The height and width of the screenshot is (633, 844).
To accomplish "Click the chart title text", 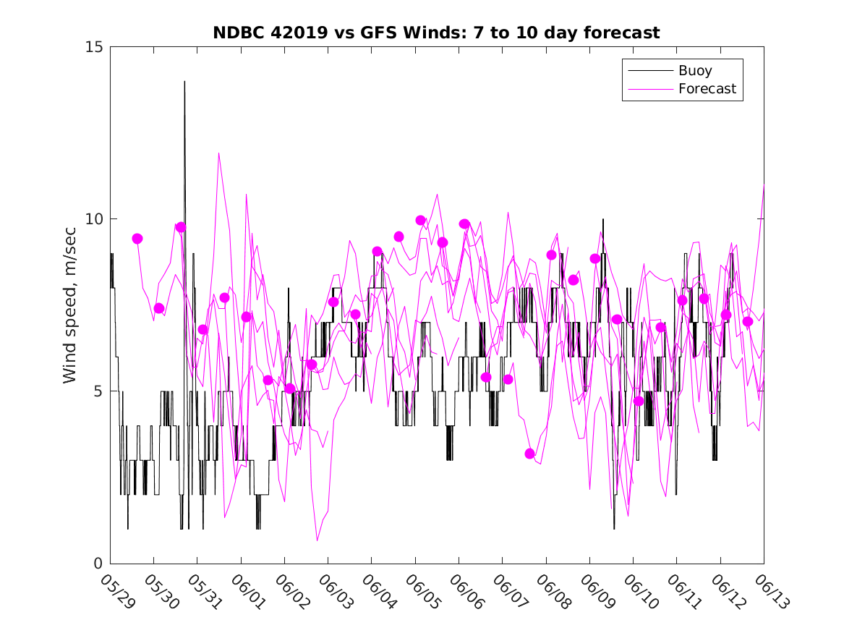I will (436, 33).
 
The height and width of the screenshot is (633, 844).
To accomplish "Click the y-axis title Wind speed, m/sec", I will (70, 305).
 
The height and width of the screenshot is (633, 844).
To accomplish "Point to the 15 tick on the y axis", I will (95, 47).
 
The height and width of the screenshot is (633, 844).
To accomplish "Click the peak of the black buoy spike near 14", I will (184, 82).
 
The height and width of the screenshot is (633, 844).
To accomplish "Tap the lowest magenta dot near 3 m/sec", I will (529, 454).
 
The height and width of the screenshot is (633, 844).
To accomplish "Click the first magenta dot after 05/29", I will (137, 239).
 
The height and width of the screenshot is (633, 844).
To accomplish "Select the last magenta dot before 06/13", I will (748, 321).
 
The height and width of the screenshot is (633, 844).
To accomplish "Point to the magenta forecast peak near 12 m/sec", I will (218, 153).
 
